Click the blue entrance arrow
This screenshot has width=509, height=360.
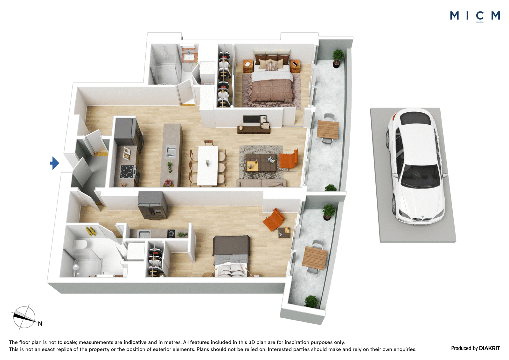54,163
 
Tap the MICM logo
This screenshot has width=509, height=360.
475,16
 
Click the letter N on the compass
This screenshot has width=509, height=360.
40,324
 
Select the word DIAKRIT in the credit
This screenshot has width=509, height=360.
490,348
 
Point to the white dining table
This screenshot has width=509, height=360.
208,165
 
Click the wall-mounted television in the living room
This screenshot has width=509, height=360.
252,119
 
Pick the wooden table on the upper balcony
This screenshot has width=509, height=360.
328,130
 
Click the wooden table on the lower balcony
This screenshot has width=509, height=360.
315,258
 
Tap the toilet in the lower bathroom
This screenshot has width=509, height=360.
80,244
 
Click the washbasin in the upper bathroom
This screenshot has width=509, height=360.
188,58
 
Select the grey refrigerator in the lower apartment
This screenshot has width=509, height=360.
153,205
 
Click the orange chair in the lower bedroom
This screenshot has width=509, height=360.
274,219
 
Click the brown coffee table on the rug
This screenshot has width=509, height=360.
261,162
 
